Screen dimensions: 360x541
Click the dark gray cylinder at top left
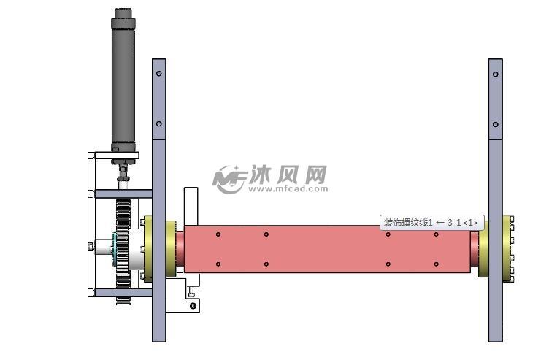pos(123,80)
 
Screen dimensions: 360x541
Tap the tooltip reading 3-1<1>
pos(431,222)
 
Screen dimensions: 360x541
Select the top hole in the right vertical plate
pos(495,74)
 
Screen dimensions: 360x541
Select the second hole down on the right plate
pos(495,125)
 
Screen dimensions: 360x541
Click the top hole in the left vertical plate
pos(159,74)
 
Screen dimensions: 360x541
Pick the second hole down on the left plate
pos(159,125)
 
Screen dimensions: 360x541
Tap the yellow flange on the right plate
pos(507,246)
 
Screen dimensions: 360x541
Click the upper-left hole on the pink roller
pos(218,234)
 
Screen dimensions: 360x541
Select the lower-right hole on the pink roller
pos(437,264)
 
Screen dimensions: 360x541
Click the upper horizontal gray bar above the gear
pos(123,194)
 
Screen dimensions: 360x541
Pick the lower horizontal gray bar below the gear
pos(123,292)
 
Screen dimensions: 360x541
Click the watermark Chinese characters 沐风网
pos(288,175)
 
